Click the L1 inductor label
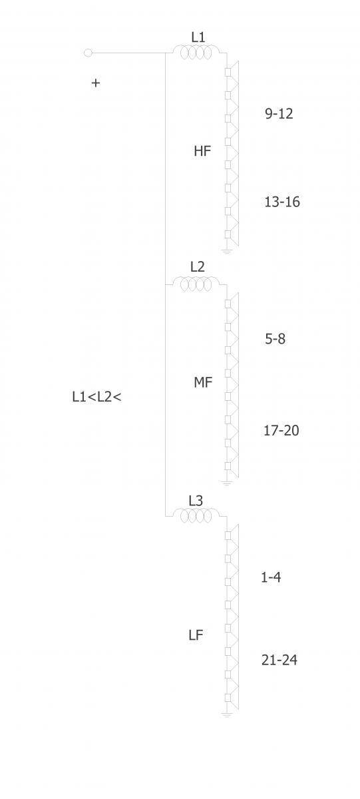(198, 37)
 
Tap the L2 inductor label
(197, 266)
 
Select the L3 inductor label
(196, 501)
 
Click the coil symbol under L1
(196, 52)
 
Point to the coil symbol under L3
(196, 515)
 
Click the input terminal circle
(88, 53)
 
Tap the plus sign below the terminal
(96, 83)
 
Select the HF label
(202, 151)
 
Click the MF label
(203, 382)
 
